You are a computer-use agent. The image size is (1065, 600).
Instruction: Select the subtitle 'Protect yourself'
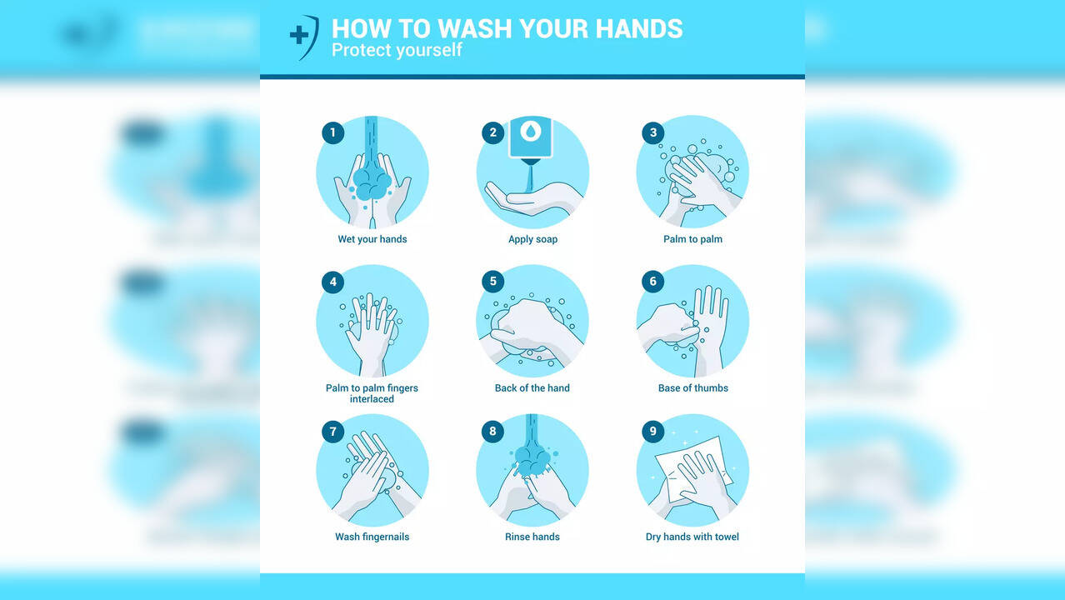tap(397, 50)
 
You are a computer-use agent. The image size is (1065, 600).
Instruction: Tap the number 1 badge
tap(332, 132)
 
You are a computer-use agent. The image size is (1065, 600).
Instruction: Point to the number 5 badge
tap(492, 282)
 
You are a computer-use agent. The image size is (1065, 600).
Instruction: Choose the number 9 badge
tap(652, 431)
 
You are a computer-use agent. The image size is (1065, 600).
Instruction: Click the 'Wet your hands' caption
tap(372, 239)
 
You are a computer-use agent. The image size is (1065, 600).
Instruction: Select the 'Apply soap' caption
tap(532, 239)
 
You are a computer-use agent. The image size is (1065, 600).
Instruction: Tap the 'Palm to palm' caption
tap(692, 239)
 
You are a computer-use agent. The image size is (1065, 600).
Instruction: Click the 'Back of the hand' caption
tap(532, 388)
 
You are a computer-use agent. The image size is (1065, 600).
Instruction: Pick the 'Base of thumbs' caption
tap(692, 388)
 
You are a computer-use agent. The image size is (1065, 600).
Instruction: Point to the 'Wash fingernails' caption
tap(372, 537)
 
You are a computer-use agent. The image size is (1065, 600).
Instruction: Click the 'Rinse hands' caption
tap(532, 537)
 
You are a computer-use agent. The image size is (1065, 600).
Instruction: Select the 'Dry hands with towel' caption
tap(692, 537)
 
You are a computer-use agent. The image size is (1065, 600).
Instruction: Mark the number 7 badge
tap(332, 431)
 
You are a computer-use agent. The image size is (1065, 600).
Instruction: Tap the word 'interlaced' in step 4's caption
tap(372, 399)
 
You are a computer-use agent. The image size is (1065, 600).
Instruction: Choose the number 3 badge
tap(652, 132)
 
